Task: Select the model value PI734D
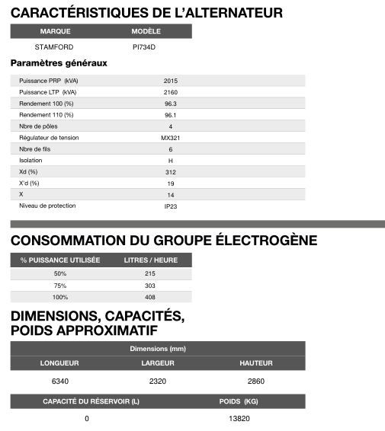[x=144, y=46]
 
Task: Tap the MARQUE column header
[x=55, y=32]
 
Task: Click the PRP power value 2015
[x=171, y=80]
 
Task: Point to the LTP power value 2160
[x=171, y=91]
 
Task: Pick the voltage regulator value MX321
[x=171, y=138]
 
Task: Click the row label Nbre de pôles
[x=38, y=126]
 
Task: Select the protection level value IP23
[x=171, y=206]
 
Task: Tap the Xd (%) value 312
[x=171, y=171]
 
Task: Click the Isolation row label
[x=31, y=160]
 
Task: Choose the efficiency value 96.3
[x=171, y=103]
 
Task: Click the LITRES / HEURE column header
[x=150, y=260]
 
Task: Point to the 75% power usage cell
[x=60, y=285]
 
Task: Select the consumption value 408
[x=150, y=297]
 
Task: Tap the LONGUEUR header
[x=60, y=362]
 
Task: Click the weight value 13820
[x=239, y=418]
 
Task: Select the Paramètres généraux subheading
[x=59, y=63]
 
